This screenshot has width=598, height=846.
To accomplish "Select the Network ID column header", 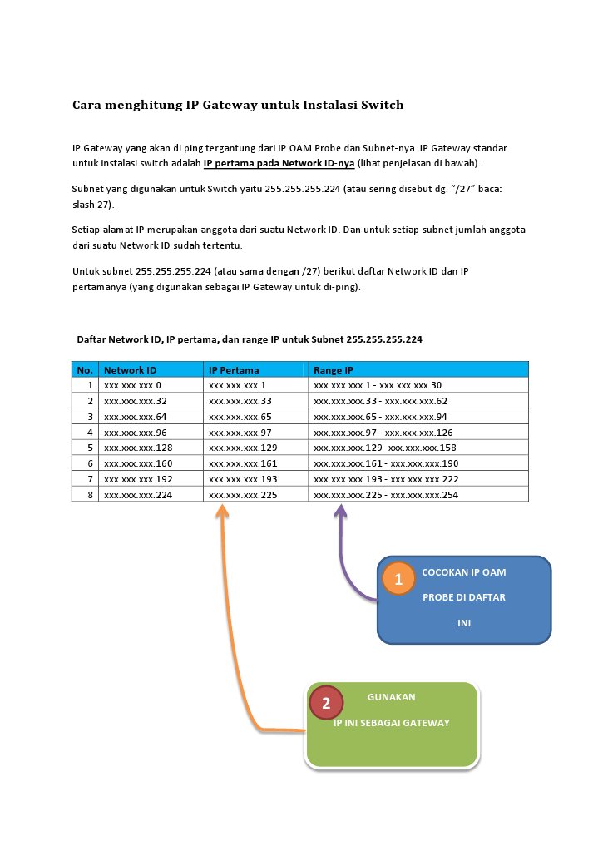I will [x=130, y=369].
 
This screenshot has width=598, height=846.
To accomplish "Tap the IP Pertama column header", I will [x=234, y=369].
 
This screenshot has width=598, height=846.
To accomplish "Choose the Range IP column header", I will [x=334, y=369].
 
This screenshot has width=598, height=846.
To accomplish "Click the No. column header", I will [x=85, y=369].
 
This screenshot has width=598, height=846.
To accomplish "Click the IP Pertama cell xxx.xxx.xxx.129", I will [x=242, y=448].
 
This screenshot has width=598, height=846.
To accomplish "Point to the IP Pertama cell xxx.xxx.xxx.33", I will [x=240, y=401].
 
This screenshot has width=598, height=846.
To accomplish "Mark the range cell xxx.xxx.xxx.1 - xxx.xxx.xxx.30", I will [x=378, y=385].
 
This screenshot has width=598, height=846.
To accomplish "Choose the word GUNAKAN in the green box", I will [x=392, y=697].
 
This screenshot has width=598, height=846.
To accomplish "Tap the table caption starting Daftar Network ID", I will [x=250, y=339].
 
